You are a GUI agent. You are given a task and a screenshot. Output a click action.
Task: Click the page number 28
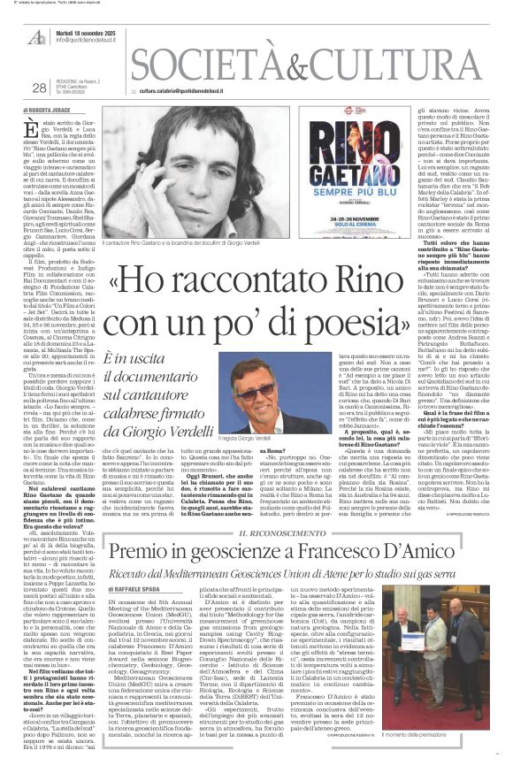38,88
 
